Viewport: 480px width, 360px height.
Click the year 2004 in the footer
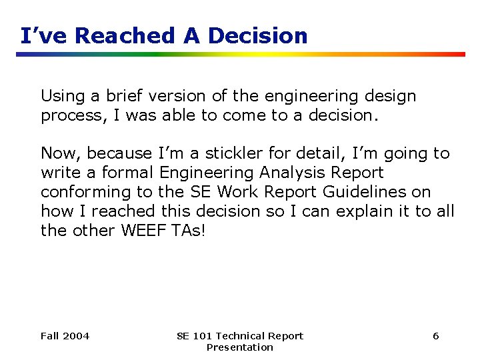tap(76, 336)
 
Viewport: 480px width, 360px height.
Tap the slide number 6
tap(435, 336)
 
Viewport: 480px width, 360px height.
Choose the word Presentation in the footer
tap(239, 347)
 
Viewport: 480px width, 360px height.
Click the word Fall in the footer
tap(50, 336)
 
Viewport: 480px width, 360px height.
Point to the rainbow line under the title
tap(240, 54)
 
